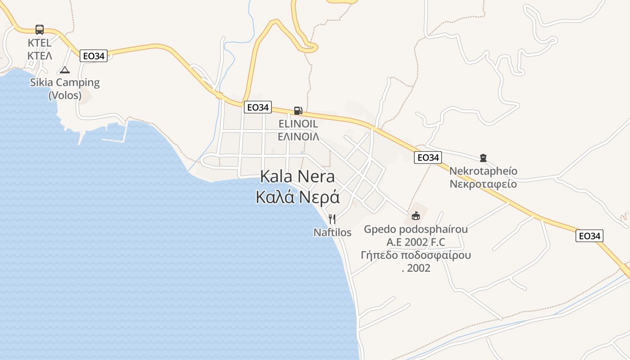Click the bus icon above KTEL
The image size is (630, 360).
coord(40,30)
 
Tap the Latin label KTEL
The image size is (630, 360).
coord(40,43)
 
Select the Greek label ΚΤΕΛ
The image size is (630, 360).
coord(40,56)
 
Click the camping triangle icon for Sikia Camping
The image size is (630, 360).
coord(65,70)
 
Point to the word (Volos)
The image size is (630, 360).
coord(65,95)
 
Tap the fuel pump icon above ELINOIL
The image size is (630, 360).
coord(297,110)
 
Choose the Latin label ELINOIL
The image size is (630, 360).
coord(298,124)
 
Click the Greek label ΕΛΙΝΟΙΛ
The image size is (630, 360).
coord(298,136)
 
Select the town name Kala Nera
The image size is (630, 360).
coord(297,177)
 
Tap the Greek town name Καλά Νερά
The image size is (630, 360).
coord(297,197)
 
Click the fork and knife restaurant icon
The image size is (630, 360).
coord(332,219)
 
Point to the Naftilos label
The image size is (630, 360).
coord(332,233)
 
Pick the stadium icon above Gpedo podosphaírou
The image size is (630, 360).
coord(415,216)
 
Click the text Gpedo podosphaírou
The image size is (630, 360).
coord(416,229)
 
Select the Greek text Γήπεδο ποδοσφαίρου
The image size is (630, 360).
coord(416,256)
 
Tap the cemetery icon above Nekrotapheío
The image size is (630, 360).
coord(483,158)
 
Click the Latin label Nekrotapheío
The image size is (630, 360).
coord(483,171)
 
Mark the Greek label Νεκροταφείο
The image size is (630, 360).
coord(483,184)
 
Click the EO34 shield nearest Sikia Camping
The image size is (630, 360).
coord(94,56)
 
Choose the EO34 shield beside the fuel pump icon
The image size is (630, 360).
coord(258,107)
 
